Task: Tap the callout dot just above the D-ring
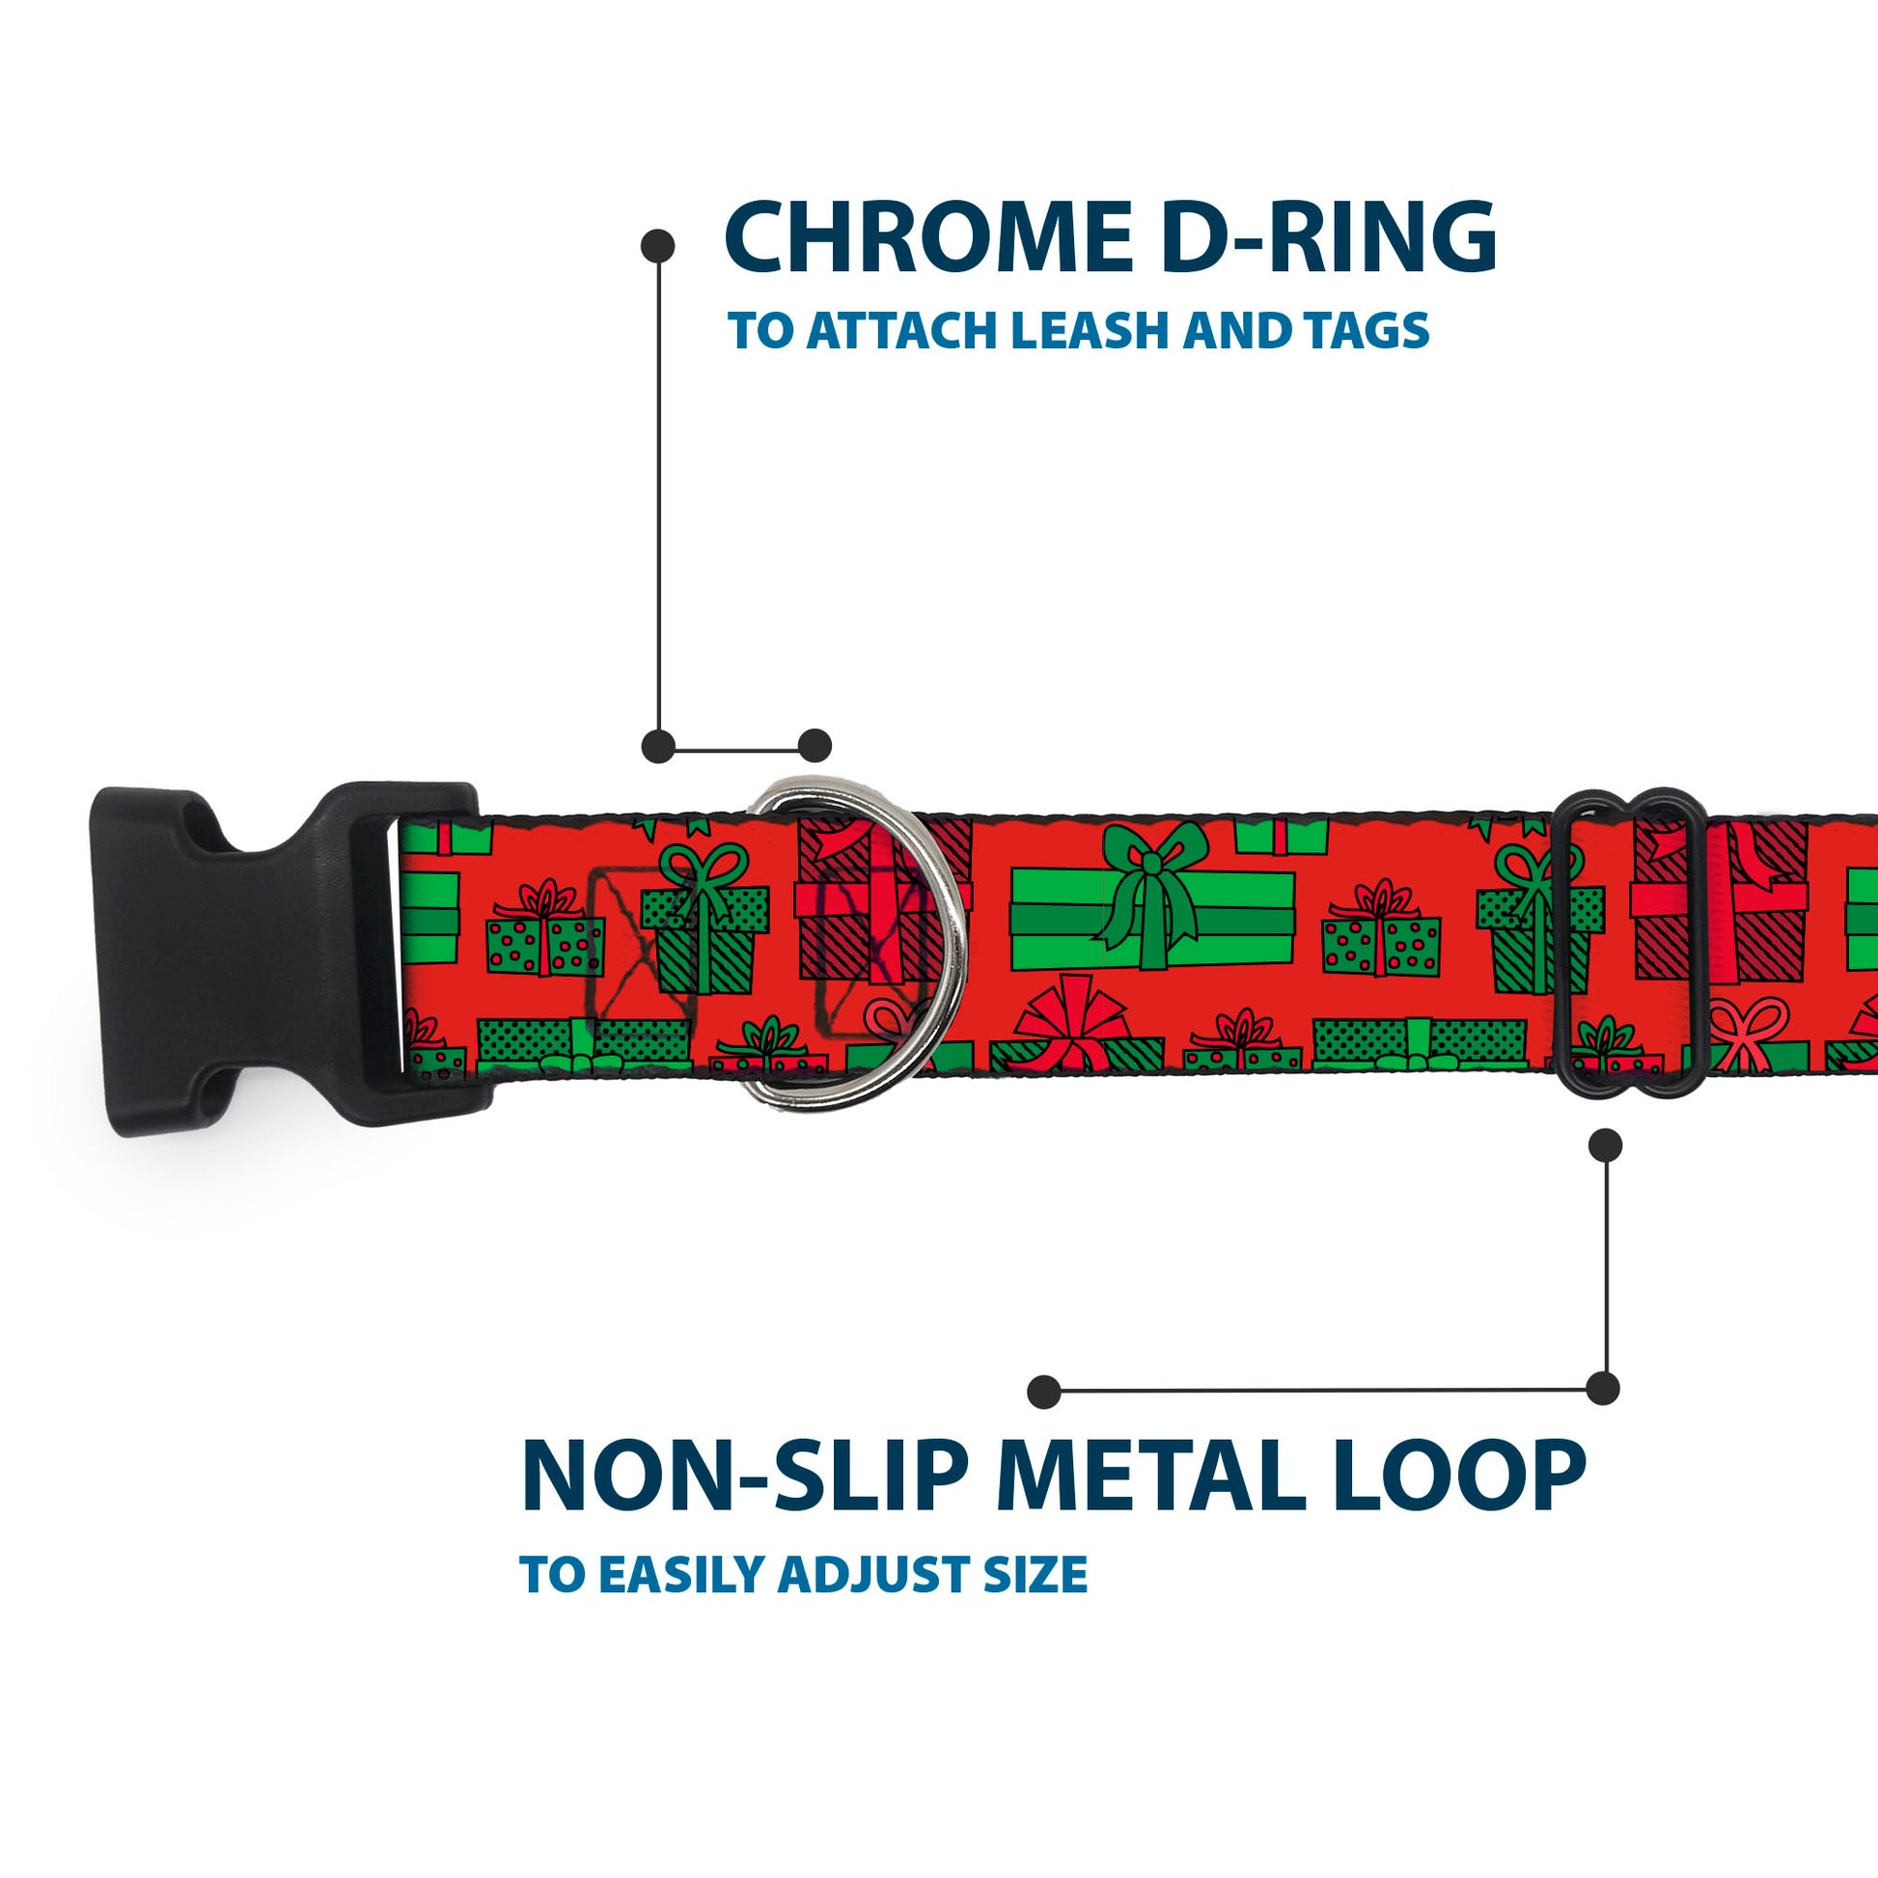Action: coord(815,747)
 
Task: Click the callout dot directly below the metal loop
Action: coord(1605,1146)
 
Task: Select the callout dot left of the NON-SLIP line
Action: coord(1044,1391)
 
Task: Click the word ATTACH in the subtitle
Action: coord(906,331)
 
